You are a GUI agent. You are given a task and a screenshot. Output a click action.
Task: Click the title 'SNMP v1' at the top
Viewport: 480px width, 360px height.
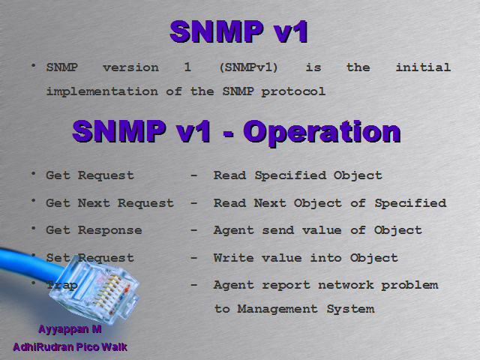coord(239,32)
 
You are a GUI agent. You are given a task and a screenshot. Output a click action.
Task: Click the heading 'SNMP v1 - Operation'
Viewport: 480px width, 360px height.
coord(236,132)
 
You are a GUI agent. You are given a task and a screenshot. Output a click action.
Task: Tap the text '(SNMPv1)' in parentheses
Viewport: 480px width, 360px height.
coord(249,67)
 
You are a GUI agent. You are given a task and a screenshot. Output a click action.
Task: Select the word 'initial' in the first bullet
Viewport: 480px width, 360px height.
coord(422,67)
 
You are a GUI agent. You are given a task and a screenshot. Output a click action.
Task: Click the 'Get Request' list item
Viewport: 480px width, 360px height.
coord(90,175)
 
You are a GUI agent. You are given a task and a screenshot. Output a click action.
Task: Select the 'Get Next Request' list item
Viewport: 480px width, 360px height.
coord(109,203)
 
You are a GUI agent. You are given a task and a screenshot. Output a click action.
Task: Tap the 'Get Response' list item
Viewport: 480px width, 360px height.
coord(94,230)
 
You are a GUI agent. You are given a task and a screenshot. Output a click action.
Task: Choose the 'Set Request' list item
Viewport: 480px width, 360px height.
coord(90,258)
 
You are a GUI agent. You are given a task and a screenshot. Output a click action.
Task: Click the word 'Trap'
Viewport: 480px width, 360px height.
coord(62,285)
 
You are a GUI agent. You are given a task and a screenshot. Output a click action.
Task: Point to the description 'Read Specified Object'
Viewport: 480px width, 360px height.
coord(298,175)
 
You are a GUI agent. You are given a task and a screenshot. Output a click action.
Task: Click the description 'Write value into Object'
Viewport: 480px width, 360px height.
coord(306,258)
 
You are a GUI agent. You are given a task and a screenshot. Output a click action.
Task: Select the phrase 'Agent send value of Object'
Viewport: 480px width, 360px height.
coord(318,230)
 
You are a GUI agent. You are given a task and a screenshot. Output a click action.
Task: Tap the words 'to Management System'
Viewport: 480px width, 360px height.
coord(294,309)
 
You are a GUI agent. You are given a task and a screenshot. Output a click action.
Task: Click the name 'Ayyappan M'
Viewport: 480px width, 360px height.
coord(70,329)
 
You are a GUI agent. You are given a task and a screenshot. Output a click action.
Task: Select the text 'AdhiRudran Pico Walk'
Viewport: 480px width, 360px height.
coord(70,347)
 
